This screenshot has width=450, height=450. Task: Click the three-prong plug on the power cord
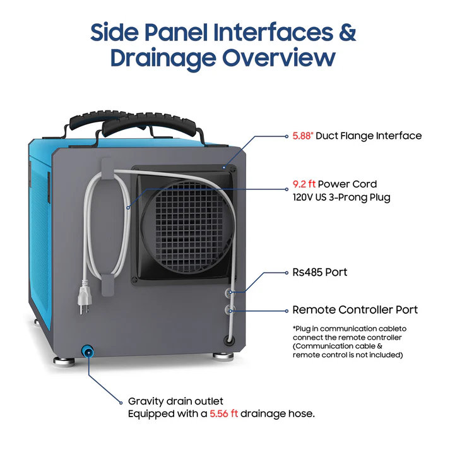tap(84, 298)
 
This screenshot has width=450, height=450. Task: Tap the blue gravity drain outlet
tap(88, 352)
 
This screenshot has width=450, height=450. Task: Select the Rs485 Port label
tap(320, 273)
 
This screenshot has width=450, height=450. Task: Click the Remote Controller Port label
tap(355, 310)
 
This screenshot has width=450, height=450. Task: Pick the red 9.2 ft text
tap(304, 184)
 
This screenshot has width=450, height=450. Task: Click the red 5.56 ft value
tap(224, 414)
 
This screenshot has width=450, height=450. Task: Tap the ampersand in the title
tap(347, 32)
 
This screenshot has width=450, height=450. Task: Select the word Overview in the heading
tap(279, 57)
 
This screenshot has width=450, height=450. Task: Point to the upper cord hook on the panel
tap(107, 169)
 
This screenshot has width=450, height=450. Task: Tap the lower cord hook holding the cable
tap(108, 285)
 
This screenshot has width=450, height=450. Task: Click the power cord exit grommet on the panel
tap(229, 340)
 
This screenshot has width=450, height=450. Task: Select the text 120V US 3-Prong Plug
tap(341, 198)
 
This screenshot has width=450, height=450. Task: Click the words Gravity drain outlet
tap(175, 401)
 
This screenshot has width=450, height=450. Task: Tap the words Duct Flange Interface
tap(369, 136)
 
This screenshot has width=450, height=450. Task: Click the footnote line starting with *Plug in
tap(350, 329)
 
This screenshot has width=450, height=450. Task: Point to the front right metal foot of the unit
tap(223, 356)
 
